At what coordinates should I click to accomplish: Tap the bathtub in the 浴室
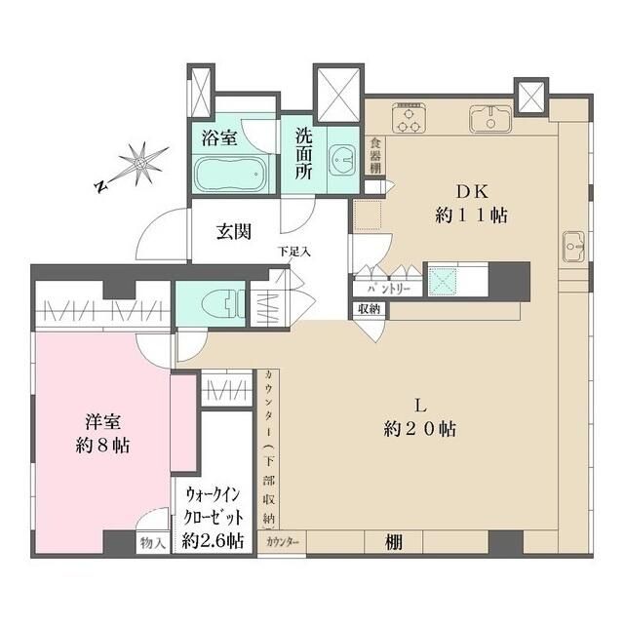[x=230, y=174]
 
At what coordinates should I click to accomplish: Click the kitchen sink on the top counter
[x=488, y=120]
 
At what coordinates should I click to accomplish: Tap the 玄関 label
[x=234, y=232]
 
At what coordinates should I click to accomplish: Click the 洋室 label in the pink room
[x=102, y=422]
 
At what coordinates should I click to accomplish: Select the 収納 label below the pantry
[x=369, y=309]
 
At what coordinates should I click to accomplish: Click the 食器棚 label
[x=375, y=156]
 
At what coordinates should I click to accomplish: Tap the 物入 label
[x=151, y=543]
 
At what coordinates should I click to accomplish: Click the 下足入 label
[x=294, y=252]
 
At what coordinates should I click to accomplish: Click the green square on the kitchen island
[x=444, y=280]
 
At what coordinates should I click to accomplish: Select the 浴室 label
[x=219, y=137]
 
